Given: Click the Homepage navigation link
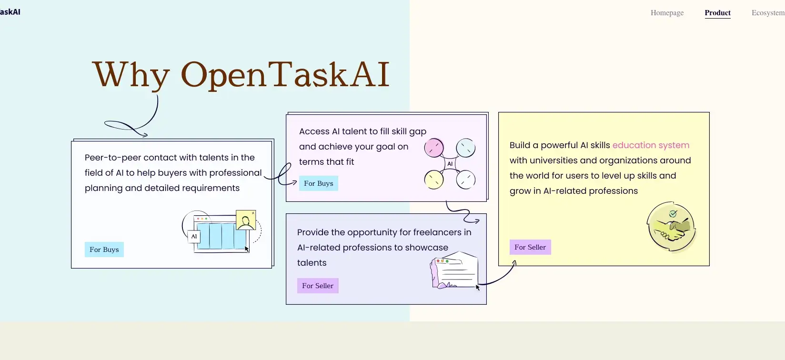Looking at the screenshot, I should click(x=667, y=13).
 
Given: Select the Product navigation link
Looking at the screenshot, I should click(x=717, y=13).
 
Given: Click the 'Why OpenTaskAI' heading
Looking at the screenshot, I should click(x=241, y=74).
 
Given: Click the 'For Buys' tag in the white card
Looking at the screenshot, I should click(x=104, y=250).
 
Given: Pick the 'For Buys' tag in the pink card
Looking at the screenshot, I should click(x=319, y=183).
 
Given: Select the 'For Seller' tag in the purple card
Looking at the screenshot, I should click(x=318, y=286).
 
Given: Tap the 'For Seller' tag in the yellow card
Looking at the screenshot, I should click(x=530, y=247).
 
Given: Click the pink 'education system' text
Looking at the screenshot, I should click(x=651, y=145).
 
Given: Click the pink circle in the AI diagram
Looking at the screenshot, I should click(x=434, y=148).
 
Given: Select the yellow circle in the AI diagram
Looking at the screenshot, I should click(x=434, y=180).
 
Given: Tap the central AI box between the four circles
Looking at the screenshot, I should click(x=450, y=164).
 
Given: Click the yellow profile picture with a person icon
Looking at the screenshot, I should click(x=246, y=220).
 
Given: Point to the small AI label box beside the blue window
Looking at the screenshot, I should click(x=194, y=236).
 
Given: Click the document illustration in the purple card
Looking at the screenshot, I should click(x=455, y=271).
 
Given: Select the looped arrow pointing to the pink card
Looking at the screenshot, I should click(x=283, y=175).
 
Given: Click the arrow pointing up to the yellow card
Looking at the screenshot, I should click(x=500, y=276).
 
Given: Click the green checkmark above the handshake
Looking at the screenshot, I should click(x=673, y=214).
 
